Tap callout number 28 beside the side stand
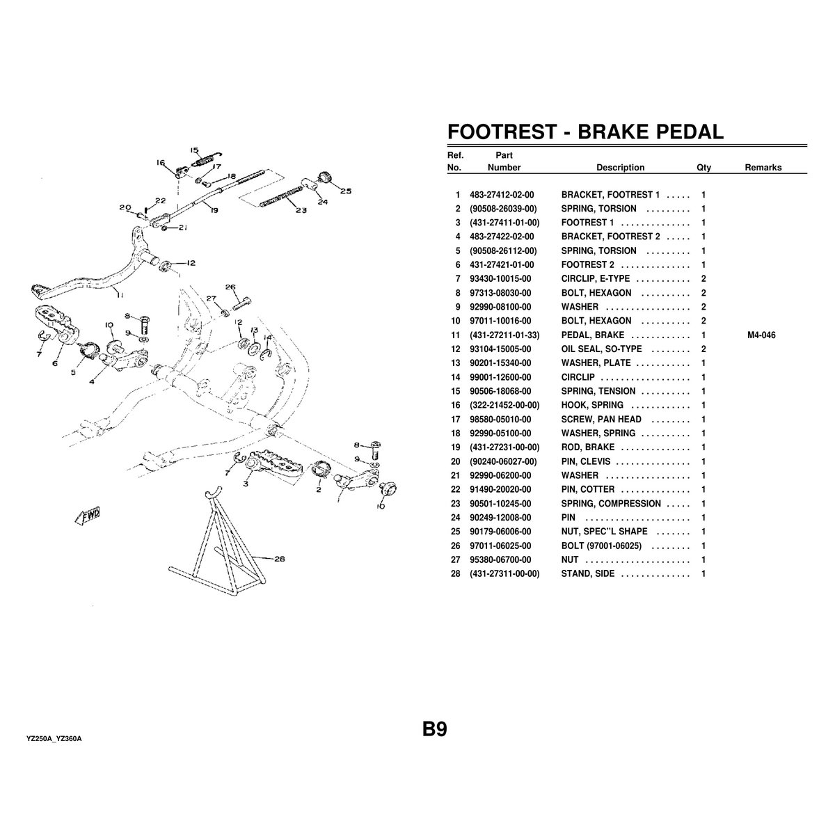(280, 559)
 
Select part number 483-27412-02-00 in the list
(502, 195)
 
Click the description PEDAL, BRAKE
(592, 335)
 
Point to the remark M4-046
(761, 335)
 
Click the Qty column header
(703, 168)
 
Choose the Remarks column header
(763, 167)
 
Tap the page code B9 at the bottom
(435, 729)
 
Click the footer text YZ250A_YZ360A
(54, 739)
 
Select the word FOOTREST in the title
(502, 132)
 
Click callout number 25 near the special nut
(345, 191)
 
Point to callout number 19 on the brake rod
(214, 211)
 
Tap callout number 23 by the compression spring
(301, 210)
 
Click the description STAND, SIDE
(587, 573)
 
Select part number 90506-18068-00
(500, 391)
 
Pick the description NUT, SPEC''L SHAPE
(604, 532)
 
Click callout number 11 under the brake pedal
(120, 294)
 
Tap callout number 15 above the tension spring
(194, 150)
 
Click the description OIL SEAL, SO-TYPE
(601, 349)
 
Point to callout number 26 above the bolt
(230, 287)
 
